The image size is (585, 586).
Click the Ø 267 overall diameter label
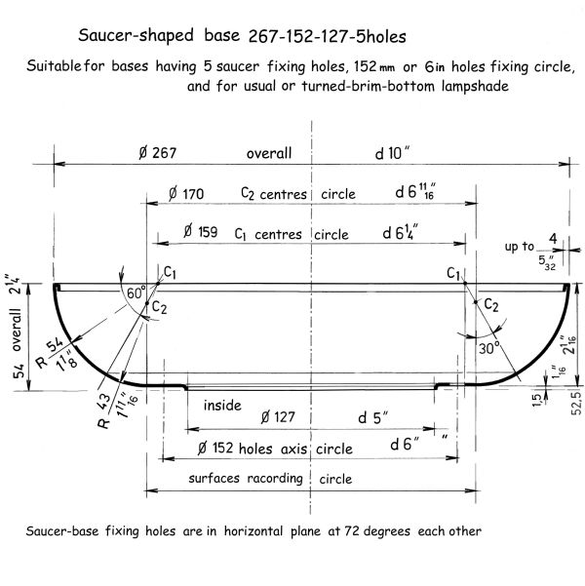click(157, 153)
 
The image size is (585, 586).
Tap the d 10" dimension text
click(392, 153)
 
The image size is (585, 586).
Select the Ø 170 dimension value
click(186, 194)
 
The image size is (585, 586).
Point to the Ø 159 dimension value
click(200, 232)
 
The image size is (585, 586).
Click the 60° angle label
click(136, 293)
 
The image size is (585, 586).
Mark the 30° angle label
click(489, 348)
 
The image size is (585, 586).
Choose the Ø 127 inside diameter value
click(278, 417)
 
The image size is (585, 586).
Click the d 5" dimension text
click(373, 417)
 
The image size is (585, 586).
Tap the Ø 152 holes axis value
click(215, 448)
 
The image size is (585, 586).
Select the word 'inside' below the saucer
click(222, 405)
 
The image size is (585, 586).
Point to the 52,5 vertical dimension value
click(576, 403)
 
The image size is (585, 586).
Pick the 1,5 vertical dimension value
click(536, 401)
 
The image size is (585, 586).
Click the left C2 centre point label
click(159, 307)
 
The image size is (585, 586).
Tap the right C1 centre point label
click(453, 274)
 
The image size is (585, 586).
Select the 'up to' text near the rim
click(520, 247)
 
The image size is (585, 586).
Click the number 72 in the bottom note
click(352, 530)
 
